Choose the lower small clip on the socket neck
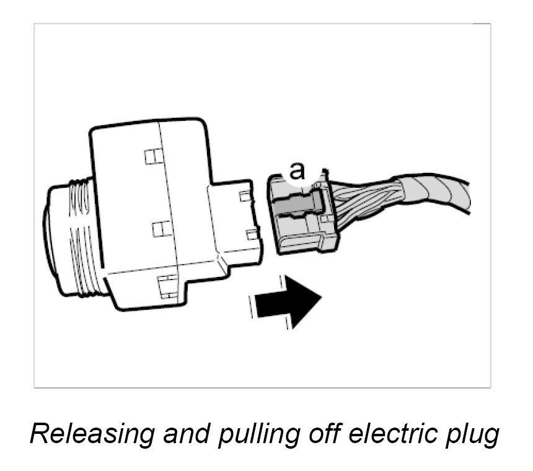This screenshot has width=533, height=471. tap(252, 234)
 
